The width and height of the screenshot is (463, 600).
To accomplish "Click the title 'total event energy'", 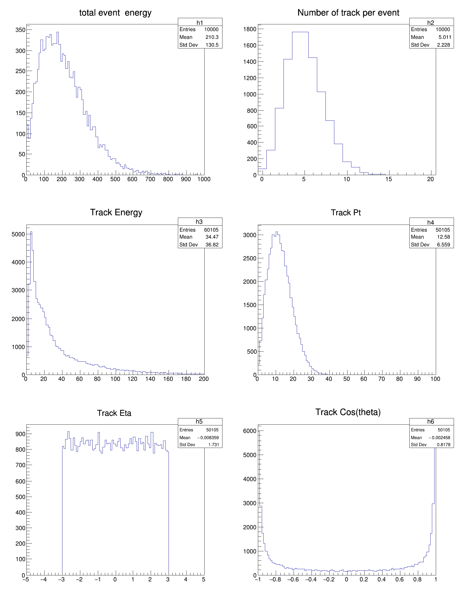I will coord(115,13).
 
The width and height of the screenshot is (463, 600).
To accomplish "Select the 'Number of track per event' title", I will coord(348,13).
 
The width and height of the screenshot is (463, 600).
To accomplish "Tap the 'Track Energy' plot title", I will coord(116,212).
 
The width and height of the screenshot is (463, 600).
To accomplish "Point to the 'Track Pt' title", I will coord(346,213).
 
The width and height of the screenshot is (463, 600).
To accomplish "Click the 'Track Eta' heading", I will coord(114,413).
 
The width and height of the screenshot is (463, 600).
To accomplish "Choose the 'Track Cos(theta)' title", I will coord(348,412).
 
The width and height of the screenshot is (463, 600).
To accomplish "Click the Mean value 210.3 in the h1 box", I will coord(212,37).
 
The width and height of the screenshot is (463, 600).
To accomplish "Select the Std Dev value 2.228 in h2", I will coord(444,45).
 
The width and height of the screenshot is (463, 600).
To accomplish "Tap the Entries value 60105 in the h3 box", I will coord(211,230).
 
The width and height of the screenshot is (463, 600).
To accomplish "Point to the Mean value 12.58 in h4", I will coord(444,237).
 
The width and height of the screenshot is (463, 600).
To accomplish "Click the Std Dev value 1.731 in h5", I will coord(214,445).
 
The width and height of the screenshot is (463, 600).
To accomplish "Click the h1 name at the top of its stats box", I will coord(200,23).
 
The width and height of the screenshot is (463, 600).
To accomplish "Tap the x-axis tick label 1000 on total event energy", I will coord(204,179).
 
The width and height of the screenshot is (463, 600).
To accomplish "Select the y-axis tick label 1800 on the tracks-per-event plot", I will coord(250,29).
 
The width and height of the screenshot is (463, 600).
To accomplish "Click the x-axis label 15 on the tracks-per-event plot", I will coord(389,179).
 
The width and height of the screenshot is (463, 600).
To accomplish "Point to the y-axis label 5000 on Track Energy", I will coord(18,234).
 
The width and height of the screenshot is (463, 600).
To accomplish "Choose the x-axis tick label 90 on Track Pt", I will coord(417,379).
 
